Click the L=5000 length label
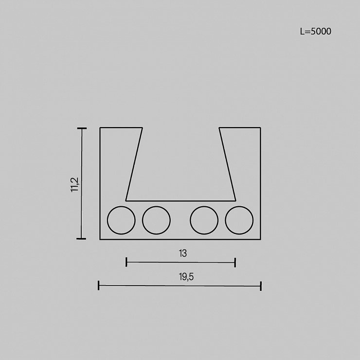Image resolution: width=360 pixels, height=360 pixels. [x=316, y=32]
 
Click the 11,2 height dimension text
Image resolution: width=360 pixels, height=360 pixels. [x=75, y=184]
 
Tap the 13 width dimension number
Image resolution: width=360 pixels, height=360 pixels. [x=183, y=253]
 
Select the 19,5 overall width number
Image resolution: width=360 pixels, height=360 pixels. [x=186, y=277]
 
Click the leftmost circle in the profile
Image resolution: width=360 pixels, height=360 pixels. [x=107, y=220]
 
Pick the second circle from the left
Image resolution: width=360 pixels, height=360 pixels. [x=142, y=220]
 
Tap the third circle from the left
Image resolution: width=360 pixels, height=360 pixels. [x=190, y=220]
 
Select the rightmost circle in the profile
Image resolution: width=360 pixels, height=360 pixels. [x=225, y=220]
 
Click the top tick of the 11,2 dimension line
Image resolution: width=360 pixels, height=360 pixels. [x=82, y=128]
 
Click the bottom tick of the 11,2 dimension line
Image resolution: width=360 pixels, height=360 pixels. [x=81, y=239]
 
